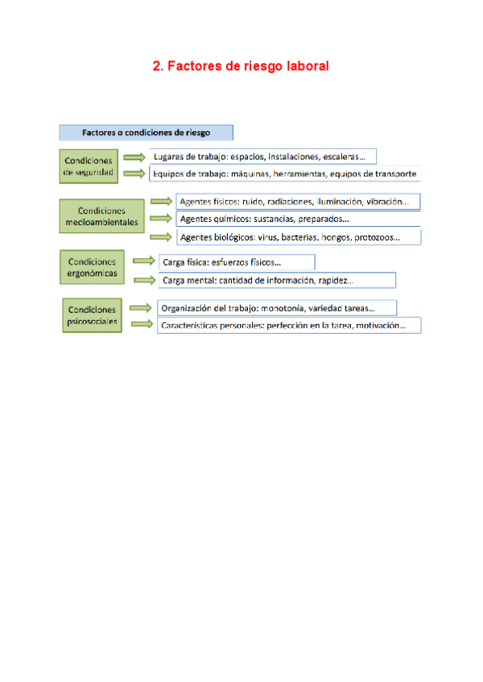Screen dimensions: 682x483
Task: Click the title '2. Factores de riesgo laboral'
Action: pos(241,67)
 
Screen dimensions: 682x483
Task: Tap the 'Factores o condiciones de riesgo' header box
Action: pos(146,133)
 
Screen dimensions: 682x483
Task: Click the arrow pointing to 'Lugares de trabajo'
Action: pos(134,157)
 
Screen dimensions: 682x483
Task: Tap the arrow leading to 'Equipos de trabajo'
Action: pos(134,173)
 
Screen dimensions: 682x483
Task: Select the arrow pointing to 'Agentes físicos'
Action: pos(161,201)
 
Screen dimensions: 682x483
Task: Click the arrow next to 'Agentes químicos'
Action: pos(161,218)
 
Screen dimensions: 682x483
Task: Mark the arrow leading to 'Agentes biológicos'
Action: pos(161,236)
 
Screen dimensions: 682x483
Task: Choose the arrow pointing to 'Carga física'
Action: pos(144,261)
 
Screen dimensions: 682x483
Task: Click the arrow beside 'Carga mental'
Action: pos(144,279)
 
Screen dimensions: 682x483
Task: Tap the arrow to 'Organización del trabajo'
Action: pos(142,307)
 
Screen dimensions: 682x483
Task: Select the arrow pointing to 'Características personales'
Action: pos(142,324)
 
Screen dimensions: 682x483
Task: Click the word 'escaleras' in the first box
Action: pos(341,157)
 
